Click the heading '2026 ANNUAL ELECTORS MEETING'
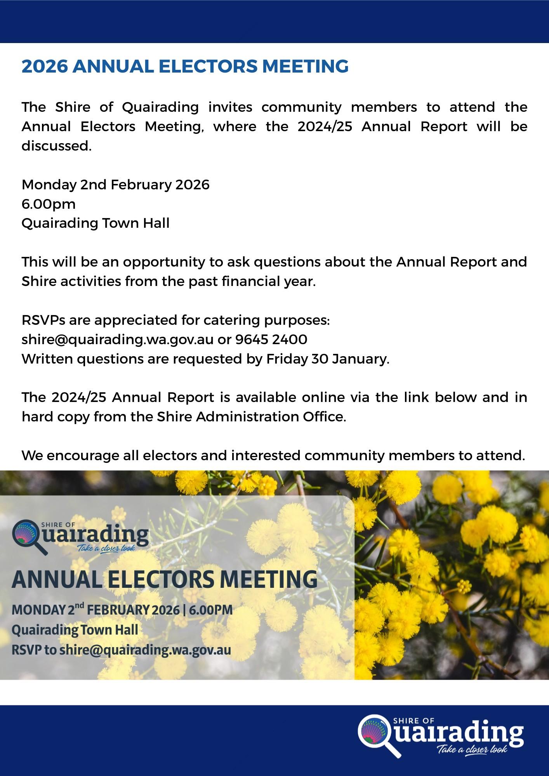click(185, 66)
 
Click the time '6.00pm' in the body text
click(49, 204)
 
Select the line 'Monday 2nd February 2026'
click(115, 184)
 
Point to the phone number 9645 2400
click(271, 339)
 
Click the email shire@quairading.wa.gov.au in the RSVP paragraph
click(117, 339)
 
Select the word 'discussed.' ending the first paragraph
click(56, 146)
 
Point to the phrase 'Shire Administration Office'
click(250, 417)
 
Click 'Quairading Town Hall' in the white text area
click(96, 223)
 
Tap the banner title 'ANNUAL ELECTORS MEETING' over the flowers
click(164, 579)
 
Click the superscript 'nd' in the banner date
click(79, 605)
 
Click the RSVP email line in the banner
click(121, 650)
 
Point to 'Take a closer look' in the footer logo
click(472, 749)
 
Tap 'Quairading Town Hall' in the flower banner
click(75, 630)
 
